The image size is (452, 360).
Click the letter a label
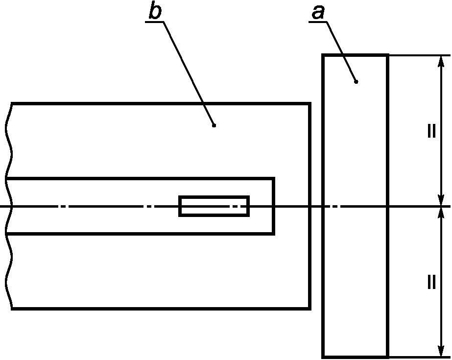[x=318, y=13]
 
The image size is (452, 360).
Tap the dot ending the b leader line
[x=214, y=125]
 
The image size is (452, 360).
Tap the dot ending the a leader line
[x=356, y=82]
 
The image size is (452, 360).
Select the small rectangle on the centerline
[x=214, y=206]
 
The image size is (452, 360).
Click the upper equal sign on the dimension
[x=431, y=131]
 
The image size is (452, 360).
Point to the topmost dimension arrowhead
[x=441, y=61]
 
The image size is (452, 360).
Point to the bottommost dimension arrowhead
[x=441, y=351]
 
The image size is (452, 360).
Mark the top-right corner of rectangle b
[x=310, y=103]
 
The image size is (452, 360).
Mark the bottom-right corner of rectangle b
[x=310, y=309]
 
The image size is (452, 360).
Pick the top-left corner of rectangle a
[x=323, y=55]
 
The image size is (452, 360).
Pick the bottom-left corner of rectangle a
[x=323, y=357]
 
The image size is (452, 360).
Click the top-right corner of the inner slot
[x=274, y=178]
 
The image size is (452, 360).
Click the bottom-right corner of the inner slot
[x=274, y=234]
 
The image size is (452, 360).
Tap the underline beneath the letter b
[x=155, y=22]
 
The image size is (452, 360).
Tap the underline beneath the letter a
[x=318, y=22]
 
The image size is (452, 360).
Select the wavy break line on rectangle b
[x=9, y=206]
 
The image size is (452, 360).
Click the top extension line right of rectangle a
[x=419, y=55]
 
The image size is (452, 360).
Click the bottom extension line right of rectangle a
[x=419, y=357]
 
